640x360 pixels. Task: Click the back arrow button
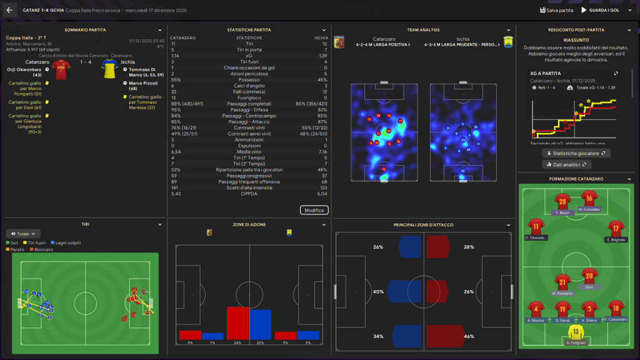tap(9, 10)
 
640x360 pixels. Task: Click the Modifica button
tap(314, 210)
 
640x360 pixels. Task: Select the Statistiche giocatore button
tap(576, 152)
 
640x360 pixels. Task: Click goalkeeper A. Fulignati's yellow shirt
tap(575, 332)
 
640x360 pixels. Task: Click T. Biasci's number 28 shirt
tap(562, 201)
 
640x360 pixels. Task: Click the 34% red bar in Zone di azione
tap(238, 323)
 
